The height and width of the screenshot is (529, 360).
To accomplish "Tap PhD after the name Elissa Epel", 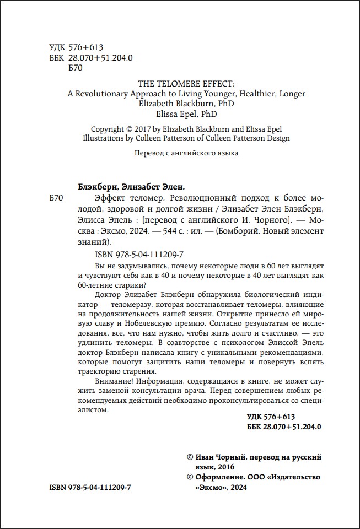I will tap(207, 115).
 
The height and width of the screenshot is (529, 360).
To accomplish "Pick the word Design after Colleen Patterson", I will tap(277, 138).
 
